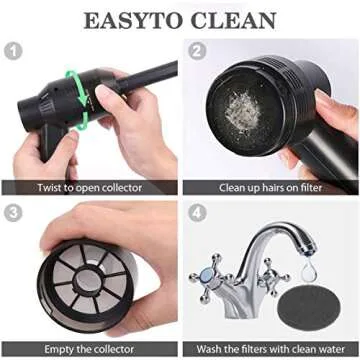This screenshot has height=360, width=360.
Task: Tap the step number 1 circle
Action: click(x=15, y=51)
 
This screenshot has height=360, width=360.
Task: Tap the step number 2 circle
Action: click(x=198, y=51)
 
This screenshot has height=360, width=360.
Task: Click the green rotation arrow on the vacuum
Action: click(x=71, y=94)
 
